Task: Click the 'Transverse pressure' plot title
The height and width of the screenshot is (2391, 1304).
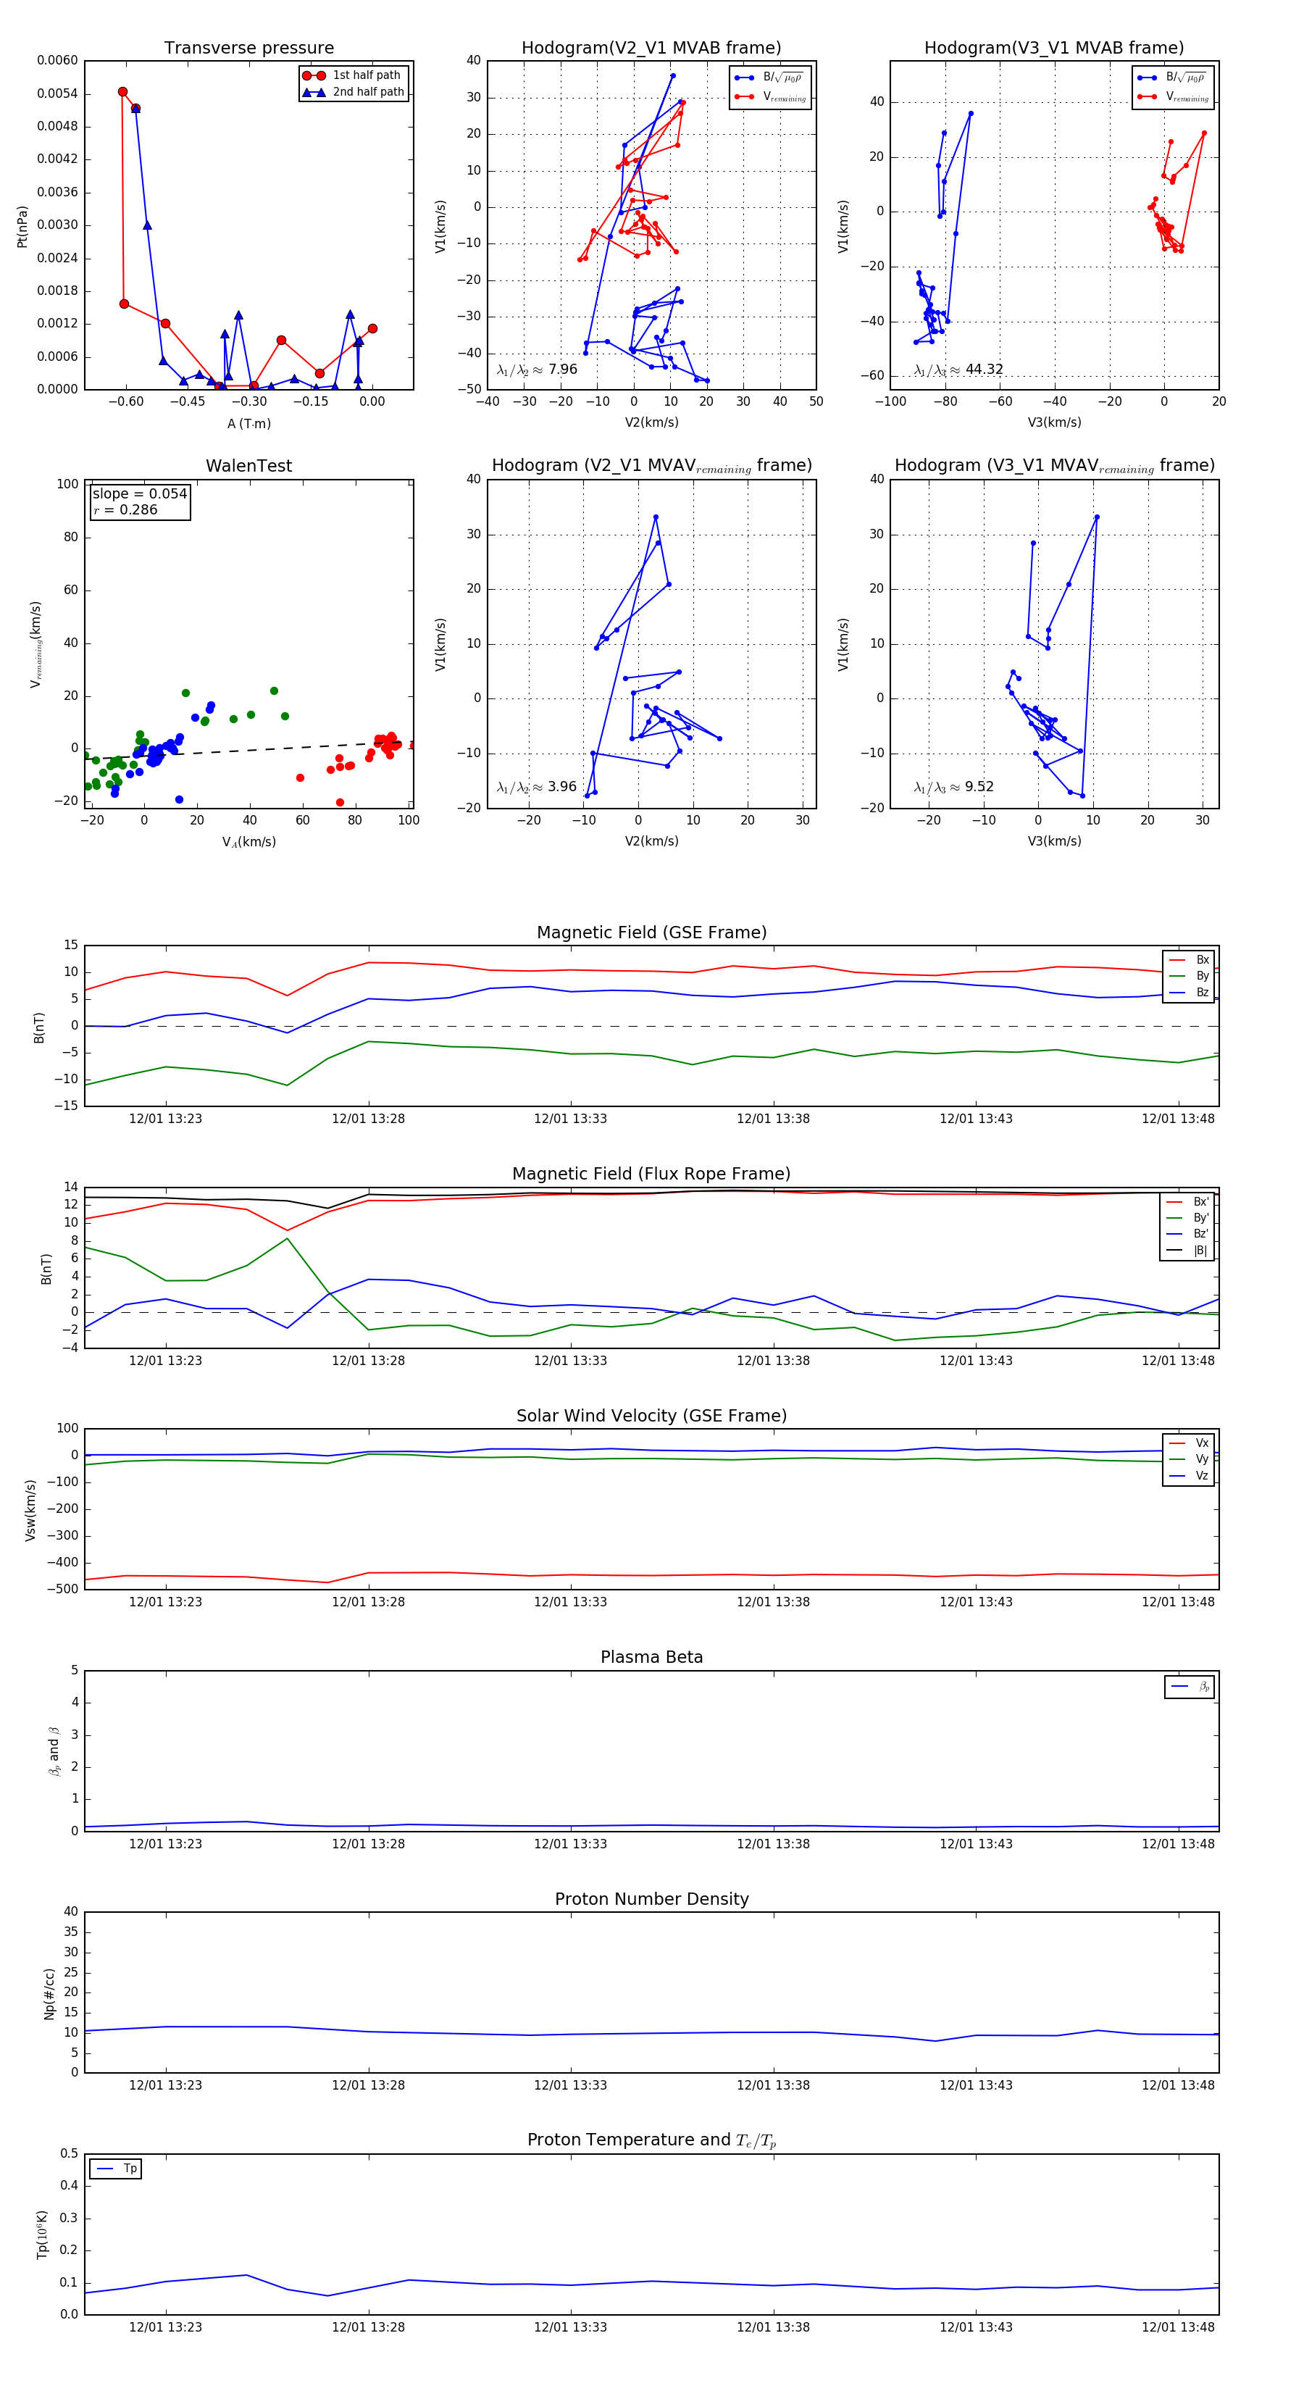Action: coord(248,49)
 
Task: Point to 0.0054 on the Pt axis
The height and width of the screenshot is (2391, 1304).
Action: coord(57,93)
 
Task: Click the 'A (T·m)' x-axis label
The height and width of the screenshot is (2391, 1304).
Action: coord(248,423)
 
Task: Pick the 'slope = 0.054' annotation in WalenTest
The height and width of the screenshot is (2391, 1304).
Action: coord(139,494)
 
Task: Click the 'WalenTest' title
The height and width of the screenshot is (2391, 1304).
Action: coord(248,466)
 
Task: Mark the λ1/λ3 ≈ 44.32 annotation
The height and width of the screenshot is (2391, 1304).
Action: coord(958,370)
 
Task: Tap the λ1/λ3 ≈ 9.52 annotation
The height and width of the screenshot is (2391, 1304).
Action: coord(953,787)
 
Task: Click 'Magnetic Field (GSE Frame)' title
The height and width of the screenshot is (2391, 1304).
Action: coord(651,932)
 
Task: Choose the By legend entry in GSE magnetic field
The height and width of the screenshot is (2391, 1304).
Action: coord(1201,975)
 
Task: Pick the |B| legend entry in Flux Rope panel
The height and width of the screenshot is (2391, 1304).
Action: coord(1199,1251)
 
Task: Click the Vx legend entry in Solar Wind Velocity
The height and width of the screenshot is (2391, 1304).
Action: coord(1201,1443)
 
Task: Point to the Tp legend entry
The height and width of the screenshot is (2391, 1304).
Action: coord(129,2169)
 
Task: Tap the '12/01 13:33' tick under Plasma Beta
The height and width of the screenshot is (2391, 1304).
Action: coord(570,1843)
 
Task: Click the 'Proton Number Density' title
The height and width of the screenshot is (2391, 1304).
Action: coord(651,1899)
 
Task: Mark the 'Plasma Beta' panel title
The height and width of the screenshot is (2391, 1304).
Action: coord(651,1657)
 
